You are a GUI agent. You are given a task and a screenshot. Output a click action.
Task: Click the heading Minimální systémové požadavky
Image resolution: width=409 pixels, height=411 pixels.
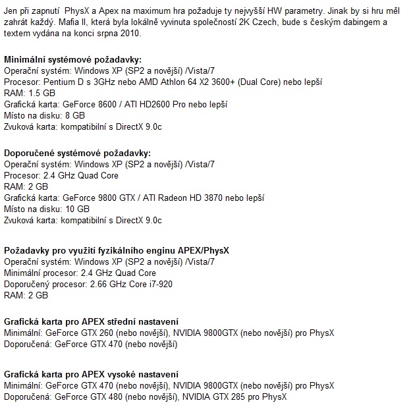point(72,59)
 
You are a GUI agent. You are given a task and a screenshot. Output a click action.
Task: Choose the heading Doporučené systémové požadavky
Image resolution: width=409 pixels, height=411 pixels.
point(78,153)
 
